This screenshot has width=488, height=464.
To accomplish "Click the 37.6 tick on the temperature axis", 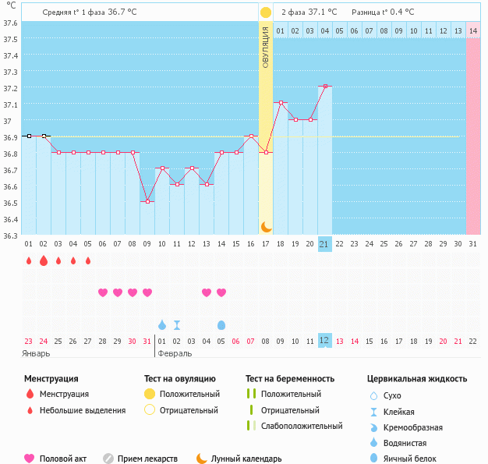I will point(10,23).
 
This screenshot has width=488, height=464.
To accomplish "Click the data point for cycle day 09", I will point(147,201).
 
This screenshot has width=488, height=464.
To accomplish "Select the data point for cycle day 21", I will point(325,86).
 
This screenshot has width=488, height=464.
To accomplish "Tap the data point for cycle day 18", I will point(281,102).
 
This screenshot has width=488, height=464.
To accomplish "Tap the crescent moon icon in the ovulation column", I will point(266,226).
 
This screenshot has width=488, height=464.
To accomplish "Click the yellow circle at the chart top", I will point(266,12).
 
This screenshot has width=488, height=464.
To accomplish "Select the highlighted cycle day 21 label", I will point(325,244).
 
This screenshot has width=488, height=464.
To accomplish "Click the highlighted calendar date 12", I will point(325,341).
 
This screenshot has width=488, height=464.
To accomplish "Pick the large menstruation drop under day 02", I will point(44,260).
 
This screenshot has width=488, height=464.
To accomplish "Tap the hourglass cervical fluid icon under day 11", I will point(177,324).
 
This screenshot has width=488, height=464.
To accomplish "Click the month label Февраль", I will point(175,353).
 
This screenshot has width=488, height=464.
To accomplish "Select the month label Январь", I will point(37,353).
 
